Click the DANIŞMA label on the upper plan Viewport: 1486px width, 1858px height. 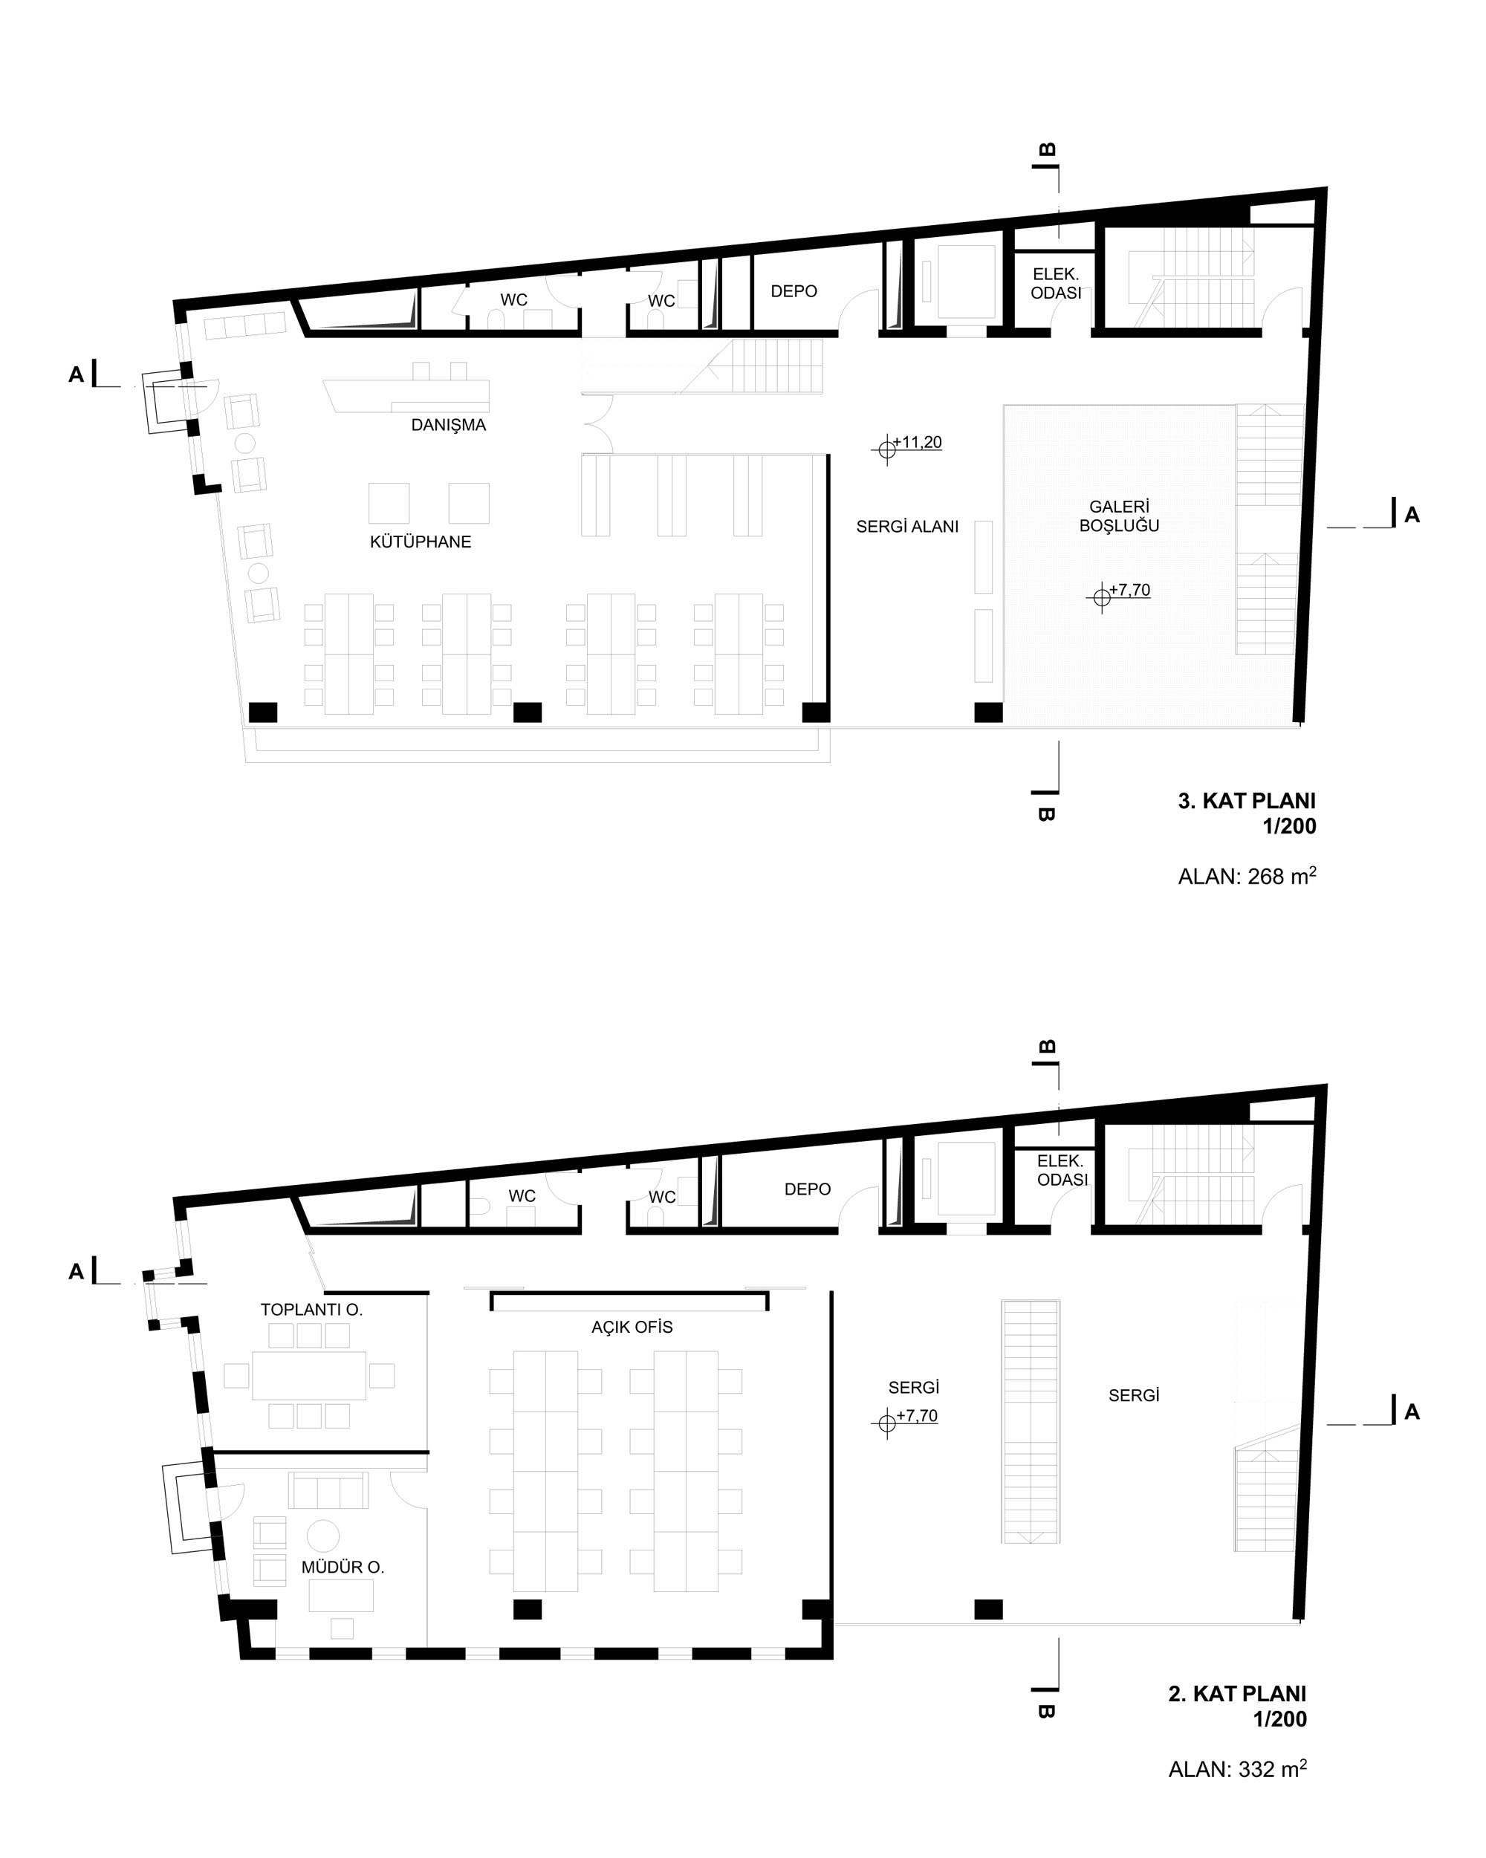[448, 425]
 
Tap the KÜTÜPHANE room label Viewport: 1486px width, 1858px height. [421, 542]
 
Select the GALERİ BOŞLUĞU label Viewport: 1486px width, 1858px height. [1119, 516]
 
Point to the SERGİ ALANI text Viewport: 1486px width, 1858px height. [906, 527]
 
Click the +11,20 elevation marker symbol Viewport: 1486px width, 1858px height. [886, 449]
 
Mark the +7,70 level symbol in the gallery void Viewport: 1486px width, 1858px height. [1102, 597]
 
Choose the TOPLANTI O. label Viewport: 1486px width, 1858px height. [311, 1310]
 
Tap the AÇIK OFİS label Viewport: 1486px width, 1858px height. [632, 1327]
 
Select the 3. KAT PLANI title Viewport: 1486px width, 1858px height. [1246, 801]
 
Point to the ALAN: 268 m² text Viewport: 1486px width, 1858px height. [1246, 876]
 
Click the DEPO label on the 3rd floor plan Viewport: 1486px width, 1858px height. [794, 291]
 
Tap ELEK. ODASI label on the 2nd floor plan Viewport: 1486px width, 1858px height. [1061, 1170]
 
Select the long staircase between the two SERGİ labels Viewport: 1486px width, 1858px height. [1030, 1422]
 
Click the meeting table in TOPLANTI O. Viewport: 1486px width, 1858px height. [308, 1375]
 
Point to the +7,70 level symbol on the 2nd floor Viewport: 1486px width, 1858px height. [886, 1423]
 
